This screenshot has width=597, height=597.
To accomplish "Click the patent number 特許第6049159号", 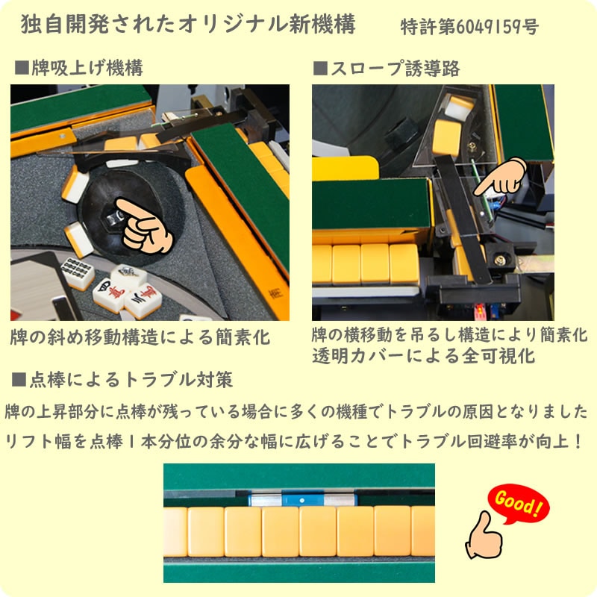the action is [469, 27].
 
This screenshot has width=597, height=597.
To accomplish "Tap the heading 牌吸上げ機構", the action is [87, 68].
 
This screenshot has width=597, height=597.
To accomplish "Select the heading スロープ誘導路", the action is [396, 69].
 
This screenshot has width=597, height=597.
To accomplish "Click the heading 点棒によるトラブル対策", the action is [131, 380].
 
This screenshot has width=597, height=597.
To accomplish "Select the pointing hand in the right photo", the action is [501, 177].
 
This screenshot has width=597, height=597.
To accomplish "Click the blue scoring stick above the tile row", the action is [302, 499].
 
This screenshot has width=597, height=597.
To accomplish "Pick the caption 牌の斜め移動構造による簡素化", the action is [140, 337].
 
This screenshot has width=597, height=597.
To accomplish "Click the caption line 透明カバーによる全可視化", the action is [424, 357].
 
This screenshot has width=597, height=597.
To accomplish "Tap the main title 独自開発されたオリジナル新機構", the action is [188, 25].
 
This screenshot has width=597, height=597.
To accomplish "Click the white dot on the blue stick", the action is [302, 500].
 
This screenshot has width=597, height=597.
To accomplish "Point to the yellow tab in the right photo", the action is [346, 167].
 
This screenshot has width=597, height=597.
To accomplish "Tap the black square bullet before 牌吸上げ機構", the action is [22, 68].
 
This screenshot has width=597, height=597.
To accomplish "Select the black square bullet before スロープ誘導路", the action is [320, 69].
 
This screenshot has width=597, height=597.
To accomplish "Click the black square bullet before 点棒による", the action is [19, 380].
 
